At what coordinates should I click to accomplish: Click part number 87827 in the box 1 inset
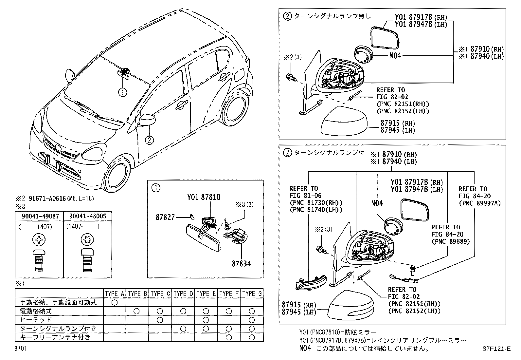(165, 217)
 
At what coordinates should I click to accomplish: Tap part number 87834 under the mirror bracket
(242, 263)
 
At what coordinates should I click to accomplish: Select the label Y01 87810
(204, 197)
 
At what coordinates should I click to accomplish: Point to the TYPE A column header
(114, 294)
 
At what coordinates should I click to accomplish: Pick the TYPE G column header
(252, 294)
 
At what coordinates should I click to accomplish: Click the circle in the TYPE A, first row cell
(114, 302)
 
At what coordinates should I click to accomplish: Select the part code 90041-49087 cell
(39, 216)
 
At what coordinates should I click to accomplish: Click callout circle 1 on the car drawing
(122, 93)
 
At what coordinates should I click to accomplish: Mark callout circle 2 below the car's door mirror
(149, 140)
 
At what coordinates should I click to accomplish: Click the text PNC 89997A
(480, 203)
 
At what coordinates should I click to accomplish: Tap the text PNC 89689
(450, 241)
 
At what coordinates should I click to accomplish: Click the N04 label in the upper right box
(395, 56)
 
